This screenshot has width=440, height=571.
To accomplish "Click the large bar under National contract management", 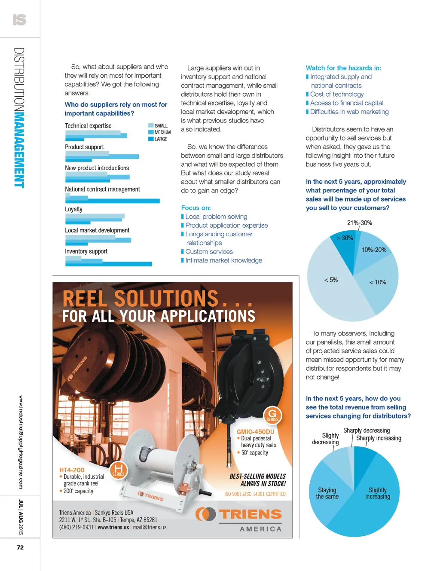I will click(113, 201).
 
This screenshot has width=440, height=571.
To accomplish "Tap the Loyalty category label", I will click(73, 209).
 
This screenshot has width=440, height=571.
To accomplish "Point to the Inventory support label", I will click(86, 251).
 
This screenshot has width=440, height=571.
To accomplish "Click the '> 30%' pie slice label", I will click(345, 238).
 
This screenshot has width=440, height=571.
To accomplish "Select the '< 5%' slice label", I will click(331, 280).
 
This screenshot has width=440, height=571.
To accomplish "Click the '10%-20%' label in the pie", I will click(374, 250).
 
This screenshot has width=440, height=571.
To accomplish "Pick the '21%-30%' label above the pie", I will click(360, 223).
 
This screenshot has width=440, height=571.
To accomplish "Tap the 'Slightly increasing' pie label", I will click(378, 493).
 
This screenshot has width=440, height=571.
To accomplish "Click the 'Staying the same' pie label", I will click(327, 493).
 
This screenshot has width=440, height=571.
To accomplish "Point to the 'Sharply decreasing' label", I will click(367, 431).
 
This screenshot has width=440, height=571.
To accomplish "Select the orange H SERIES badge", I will click(118, 470).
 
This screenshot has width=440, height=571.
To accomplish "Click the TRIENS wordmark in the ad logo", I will click(251, 514).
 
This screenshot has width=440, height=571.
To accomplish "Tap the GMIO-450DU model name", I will click(255, 432).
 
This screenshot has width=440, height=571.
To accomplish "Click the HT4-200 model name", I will click(72, 470).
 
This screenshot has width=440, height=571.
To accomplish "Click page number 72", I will click(20, 547).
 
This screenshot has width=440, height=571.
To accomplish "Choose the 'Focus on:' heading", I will click(196, 208).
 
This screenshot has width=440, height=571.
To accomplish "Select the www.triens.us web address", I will click(113, 527).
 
